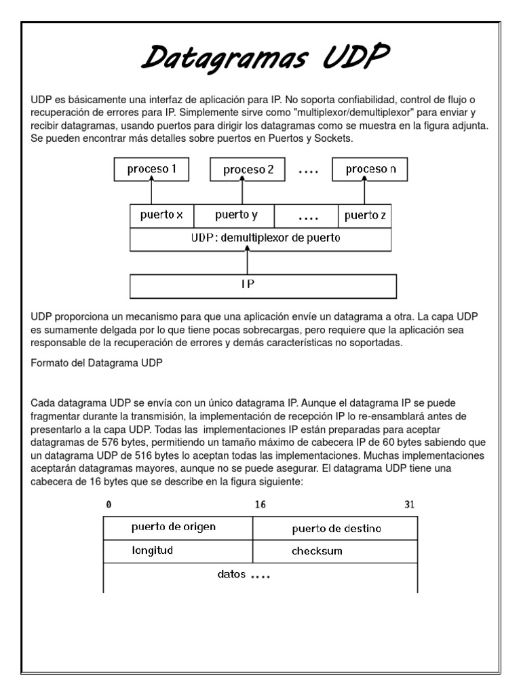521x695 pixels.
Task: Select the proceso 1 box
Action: pyautogui.click(x=152, y=169)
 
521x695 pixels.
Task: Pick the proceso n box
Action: pyautogui.click(x=370, y=169)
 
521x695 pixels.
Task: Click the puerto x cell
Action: pyautogui.click(x=161, y=216)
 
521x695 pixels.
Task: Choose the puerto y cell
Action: pyautogui.click(x=235, y=216)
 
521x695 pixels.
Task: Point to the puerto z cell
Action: pyautogui.click(x=365, y=216)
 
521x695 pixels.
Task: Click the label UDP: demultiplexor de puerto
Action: pyautogui.click(x=260, y=238)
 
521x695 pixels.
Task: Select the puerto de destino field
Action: pyautogui.click(x=336, y=528)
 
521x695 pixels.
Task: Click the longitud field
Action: pyautogui.click(x=153, y=550)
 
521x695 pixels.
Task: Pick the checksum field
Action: pyautogui.click(x=317, y=551)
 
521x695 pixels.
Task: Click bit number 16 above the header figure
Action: pyautogui.click(x=260, y=505)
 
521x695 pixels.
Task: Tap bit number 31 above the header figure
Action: pyautogui.click(x=409, y=505)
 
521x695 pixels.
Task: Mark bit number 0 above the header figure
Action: pyautogui.click(x=109, y=505)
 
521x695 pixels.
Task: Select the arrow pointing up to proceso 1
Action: pyautogui.click(x=152, y=191)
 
